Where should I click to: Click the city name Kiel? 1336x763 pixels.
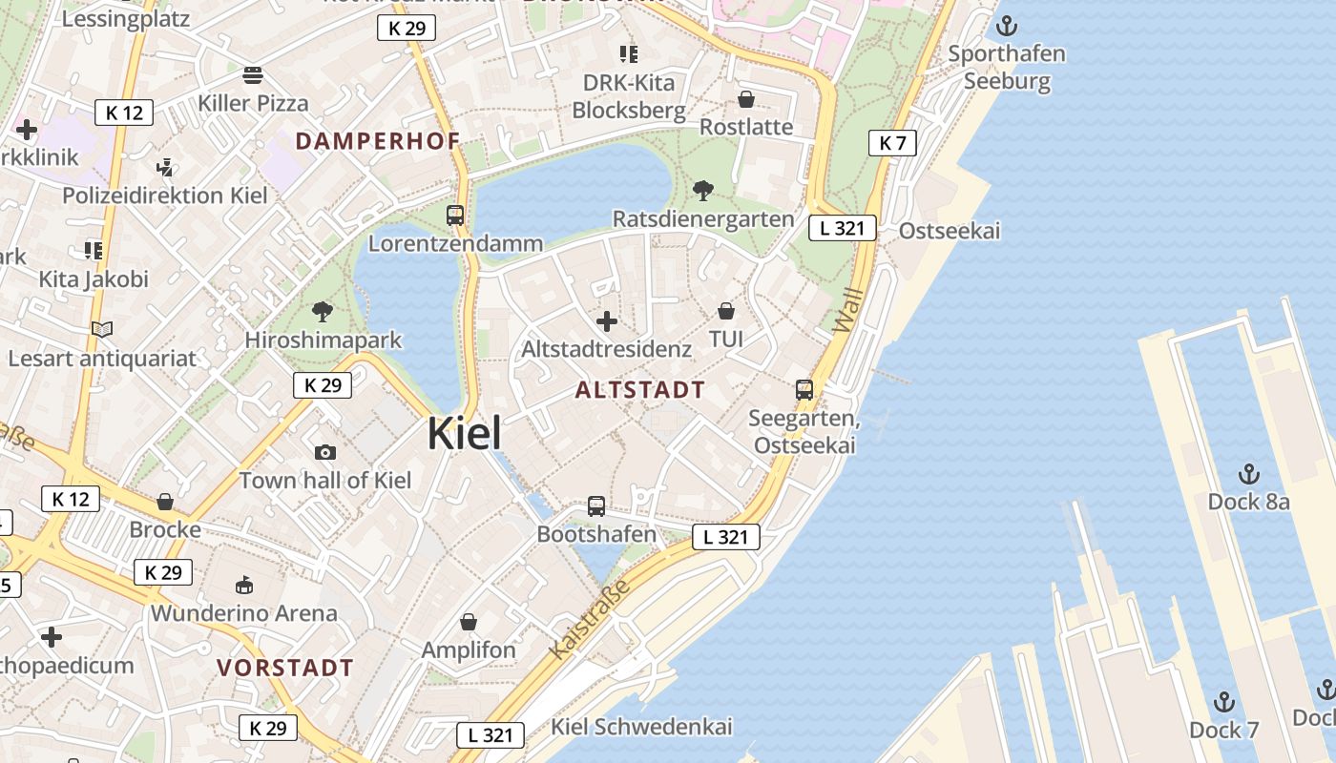point(464,433)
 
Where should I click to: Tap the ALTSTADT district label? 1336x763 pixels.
point(640,389)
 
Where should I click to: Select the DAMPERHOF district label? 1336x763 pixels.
point(378,141)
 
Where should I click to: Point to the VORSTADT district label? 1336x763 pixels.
point(285,668)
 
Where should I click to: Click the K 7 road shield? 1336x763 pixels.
point(892,143)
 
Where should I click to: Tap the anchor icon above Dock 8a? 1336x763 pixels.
point(1248,474)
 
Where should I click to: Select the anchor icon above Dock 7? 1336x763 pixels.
point(1223,703)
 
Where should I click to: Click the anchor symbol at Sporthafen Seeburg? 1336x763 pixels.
point(1006,26)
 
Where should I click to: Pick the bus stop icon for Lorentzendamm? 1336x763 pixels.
point(455,216)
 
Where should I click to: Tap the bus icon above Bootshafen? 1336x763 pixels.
point(596,506)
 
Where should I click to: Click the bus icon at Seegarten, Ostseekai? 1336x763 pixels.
point(804,390)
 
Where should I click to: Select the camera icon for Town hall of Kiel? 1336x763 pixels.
point(324,452)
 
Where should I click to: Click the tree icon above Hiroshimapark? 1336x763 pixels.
point(323,312)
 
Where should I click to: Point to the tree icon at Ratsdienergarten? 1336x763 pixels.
point(703,191)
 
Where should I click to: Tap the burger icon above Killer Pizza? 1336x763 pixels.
point(253,74)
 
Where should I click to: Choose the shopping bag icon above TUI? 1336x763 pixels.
point(726,311)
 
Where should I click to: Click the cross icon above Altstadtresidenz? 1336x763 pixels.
point(606,321)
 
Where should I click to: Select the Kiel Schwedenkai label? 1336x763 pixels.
point(642,727)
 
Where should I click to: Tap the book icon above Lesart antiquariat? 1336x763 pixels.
point(102,330)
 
